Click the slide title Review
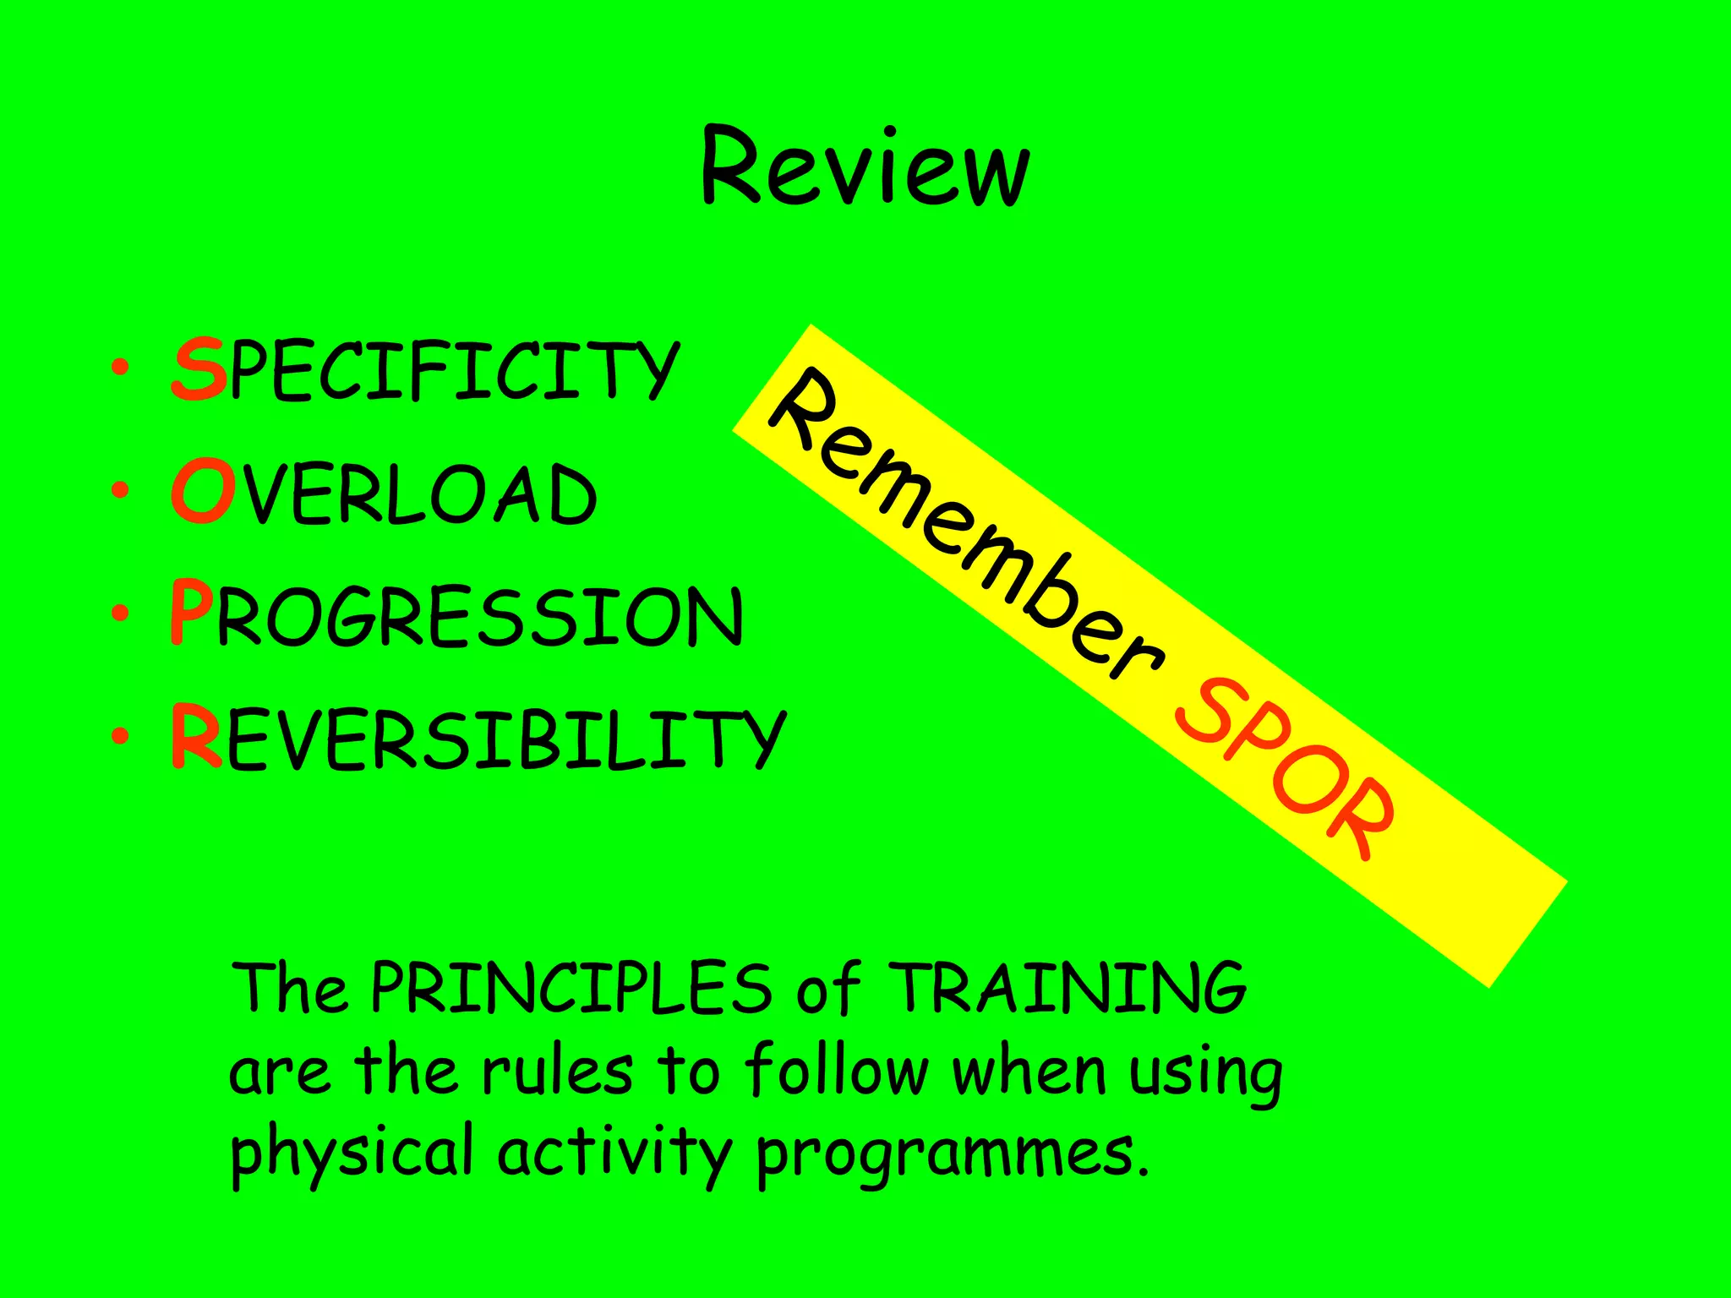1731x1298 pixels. pos(865,166)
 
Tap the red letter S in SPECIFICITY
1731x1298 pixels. pos(199,369)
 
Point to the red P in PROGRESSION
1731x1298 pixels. pos(190,614)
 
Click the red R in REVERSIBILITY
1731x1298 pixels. pos(196,737)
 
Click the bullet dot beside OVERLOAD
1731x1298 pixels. pos(120,490)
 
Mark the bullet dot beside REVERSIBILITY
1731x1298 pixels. pos(120,736)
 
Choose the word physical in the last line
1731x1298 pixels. pos(351,1153)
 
